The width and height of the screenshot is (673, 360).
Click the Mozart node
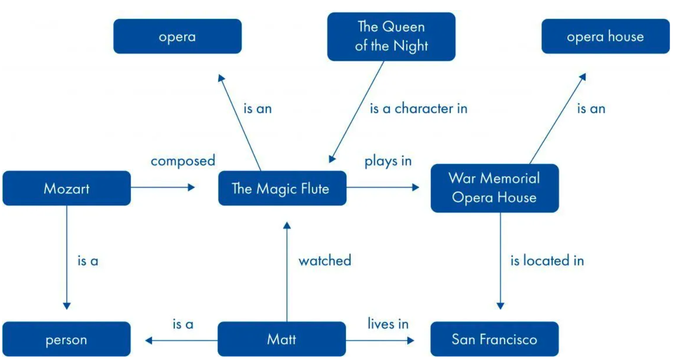pos(66,188)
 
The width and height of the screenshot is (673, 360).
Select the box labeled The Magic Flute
pos(282,188)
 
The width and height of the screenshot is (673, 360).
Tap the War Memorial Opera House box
pos(494,188)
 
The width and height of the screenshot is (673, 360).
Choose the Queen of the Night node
pos(391,36)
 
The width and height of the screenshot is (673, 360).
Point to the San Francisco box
pos(494,339)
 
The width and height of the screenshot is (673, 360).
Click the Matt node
pos(282,339)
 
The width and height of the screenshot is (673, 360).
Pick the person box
pos(66,340)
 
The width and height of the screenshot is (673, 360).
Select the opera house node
pos(605,36)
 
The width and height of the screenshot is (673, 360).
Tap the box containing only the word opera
pos(177,36)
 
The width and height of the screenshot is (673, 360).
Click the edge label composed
pos(183,161)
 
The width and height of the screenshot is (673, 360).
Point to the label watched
pos(325,261)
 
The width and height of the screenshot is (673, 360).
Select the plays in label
pos(388,161)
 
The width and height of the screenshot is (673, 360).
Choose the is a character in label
pos(419,109)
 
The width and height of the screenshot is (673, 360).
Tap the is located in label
pos(547,261)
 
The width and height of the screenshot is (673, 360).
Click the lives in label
pos(388,324)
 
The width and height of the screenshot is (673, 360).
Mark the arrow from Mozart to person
pos(66,258)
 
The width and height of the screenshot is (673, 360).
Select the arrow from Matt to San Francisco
pos(380,340)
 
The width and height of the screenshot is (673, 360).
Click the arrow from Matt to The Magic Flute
pos(287,273)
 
